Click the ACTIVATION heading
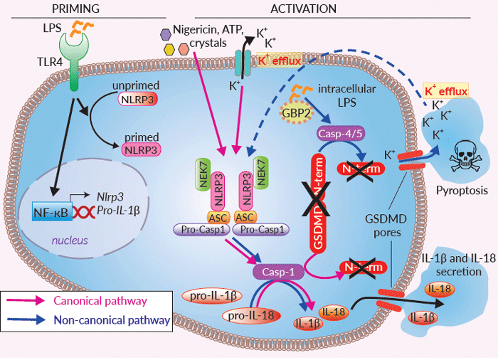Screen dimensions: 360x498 304,9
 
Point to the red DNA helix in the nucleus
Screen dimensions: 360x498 83,211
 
